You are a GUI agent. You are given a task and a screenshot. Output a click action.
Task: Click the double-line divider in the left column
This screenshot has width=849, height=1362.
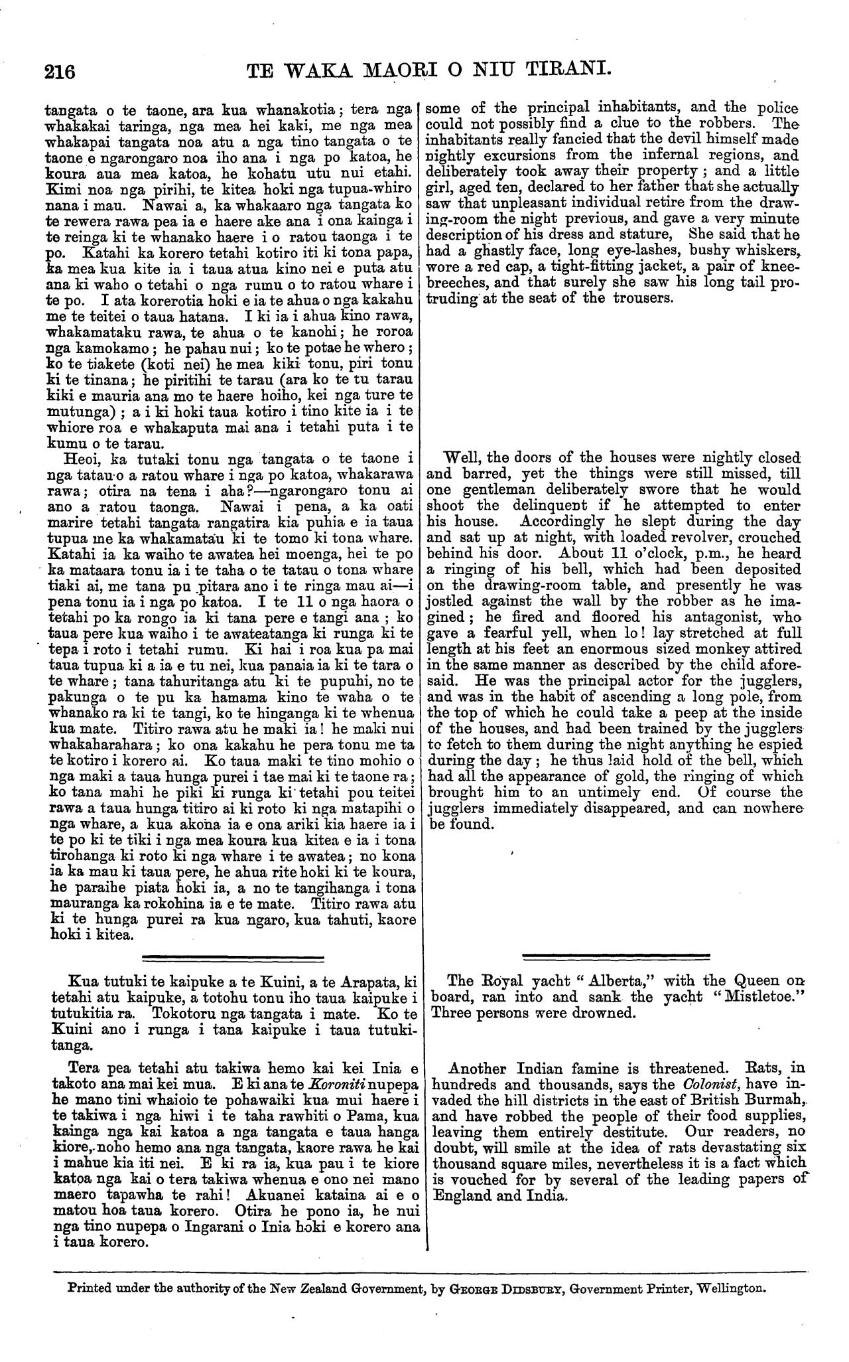233,956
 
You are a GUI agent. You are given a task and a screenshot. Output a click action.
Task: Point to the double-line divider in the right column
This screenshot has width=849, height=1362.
616,956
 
